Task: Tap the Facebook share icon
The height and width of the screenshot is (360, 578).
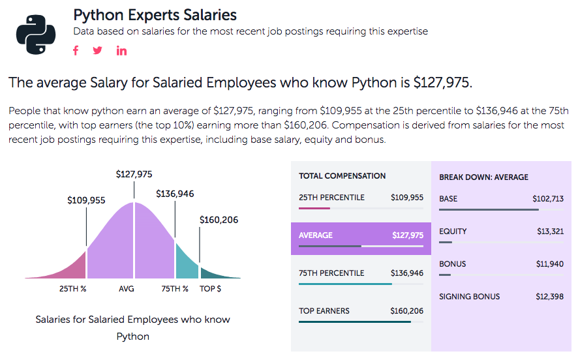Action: [x=76, y=51]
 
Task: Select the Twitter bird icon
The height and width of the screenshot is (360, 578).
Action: [x=98, y=51]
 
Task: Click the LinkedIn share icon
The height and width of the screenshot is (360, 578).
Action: [x=121, y=51]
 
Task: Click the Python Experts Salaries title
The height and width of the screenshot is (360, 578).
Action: [x=155, y=14]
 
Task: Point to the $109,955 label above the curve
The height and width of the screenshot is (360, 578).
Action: [x=86, y=201]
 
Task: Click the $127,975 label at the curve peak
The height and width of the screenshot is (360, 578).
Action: [x=134, y=174]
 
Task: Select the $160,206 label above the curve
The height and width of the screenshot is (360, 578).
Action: [x=219, y=220]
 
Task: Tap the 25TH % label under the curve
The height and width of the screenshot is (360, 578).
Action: [x=73, y=288]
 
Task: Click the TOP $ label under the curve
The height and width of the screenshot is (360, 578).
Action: [x=210, y=288]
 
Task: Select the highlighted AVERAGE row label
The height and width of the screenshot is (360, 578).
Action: [x=315, y=235]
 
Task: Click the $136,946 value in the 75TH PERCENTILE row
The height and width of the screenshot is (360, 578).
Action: [x=407, y=273]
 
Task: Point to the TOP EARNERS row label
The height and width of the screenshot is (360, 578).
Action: [x=324, y=311]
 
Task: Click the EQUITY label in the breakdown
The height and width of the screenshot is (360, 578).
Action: [x=453, y=232]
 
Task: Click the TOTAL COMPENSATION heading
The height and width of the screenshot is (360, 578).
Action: [x=342, y=176]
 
